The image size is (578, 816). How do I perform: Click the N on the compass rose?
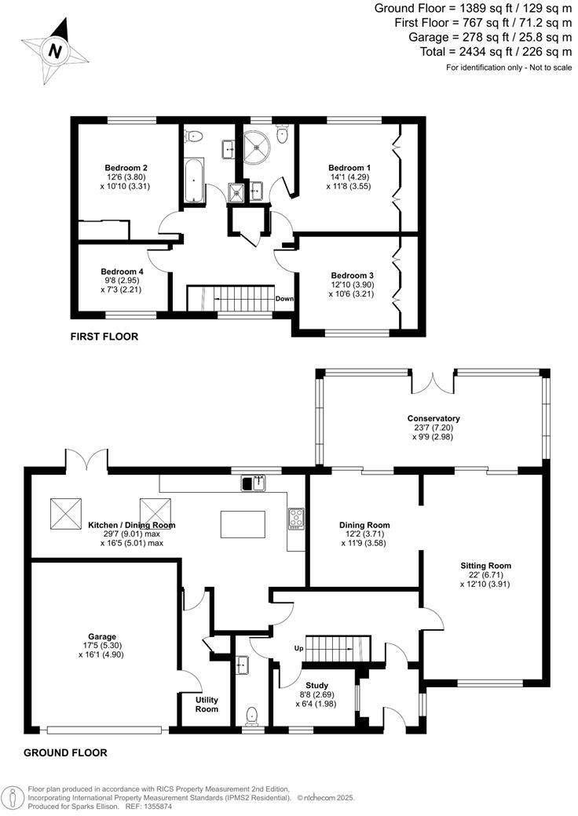pos(55,51)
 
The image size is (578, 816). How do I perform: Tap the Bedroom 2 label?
pos(126,167)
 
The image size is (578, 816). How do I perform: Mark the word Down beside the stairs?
pos(284,299)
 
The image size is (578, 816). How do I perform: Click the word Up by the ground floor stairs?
pos(298,649)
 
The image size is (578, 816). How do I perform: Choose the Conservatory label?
pos(433,418)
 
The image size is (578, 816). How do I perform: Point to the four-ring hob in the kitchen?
pos(297,518)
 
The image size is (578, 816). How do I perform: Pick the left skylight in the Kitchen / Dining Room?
pos(65,514)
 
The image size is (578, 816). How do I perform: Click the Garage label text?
pos(102,636)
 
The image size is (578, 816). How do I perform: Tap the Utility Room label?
pos(207,704)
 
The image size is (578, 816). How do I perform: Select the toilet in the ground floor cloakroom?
pos(251,715)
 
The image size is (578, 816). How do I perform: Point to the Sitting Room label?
pos(485,565)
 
